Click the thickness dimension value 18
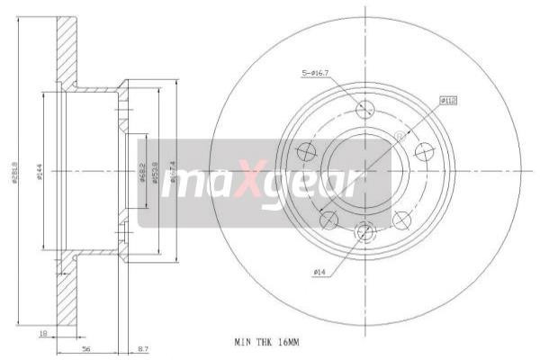click(x=42, y=333)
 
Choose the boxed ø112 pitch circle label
click(x=446, y=101)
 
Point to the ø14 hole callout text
click(x=319, y=271)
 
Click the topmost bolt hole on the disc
click(x=364, y=109)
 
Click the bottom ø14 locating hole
click(x=364, y=232)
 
